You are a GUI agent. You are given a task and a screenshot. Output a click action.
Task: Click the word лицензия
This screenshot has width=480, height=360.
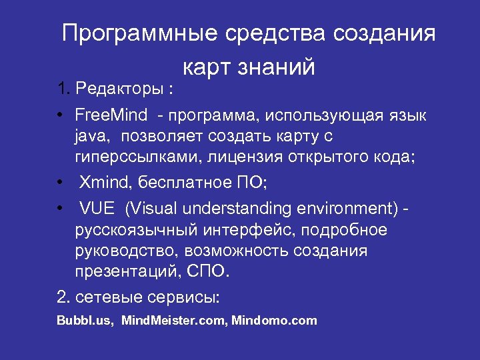tap(249, 157)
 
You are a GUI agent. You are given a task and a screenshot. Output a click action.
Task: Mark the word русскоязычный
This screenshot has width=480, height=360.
tap(136, 230)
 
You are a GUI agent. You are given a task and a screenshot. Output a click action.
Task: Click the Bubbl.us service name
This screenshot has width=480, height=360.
tap(85, 321)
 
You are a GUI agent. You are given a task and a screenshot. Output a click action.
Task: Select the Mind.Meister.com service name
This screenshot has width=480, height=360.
tap(175, 321)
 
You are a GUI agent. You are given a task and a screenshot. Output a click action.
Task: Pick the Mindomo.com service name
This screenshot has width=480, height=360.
tap(274, 321)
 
